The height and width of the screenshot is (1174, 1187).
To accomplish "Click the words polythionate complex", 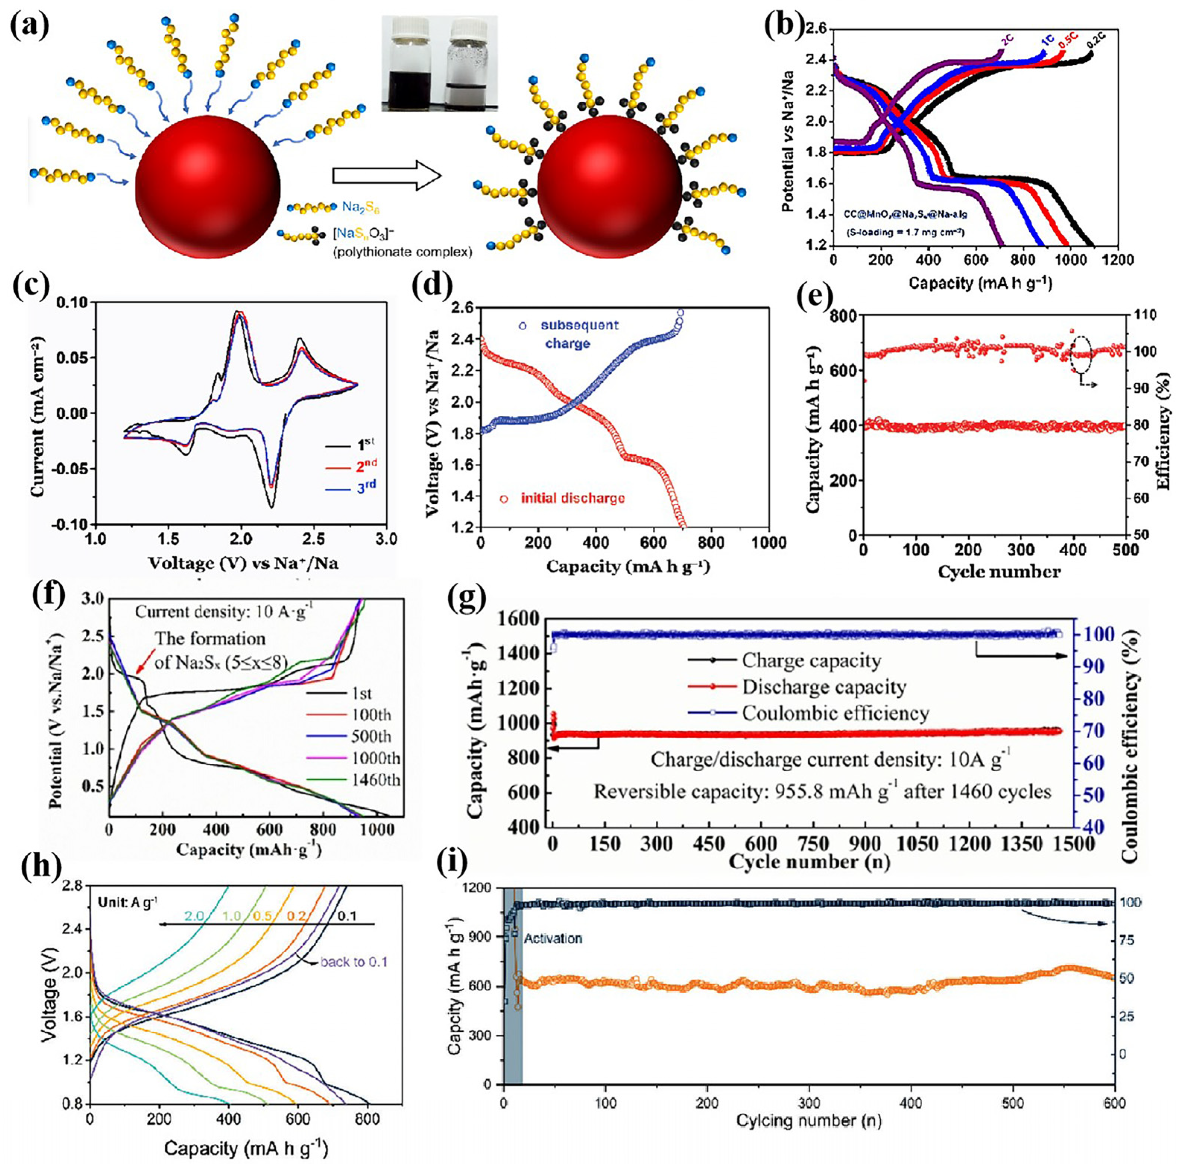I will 402,252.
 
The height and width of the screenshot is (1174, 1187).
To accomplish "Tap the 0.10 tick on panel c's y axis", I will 71,302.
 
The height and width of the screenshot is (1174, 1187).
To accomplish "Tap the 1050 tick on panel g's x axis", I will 915,845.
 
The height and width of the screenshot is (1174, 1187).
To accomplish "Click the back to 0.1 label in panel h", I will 354,961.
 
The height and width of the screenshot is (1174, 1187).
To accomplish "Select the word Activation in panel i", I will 553,939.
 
